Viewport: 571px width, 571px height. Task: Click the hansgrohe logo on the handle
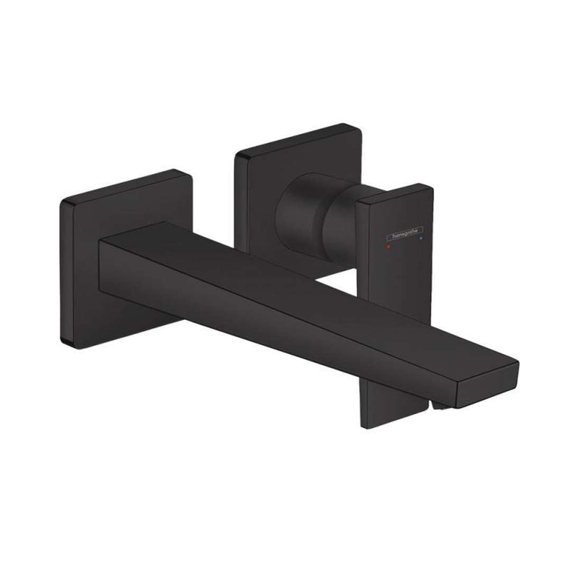[x=405, y=233]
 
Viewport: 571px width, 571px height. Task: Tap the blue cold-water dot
[x=421, y=240]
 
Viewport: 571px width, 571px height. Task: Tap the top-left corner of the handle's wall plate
[x=238, y=155]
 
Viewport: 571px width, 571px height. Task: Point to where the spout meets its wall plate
[x=100, y=264]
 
